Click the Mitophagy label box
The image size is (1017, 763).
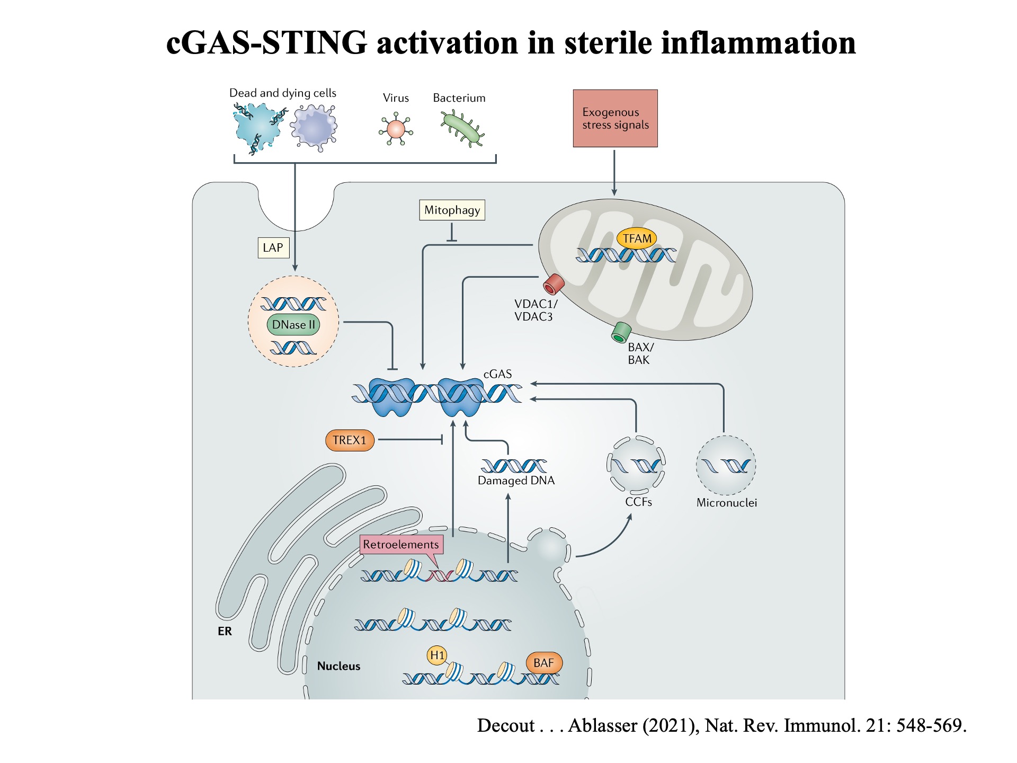[x=452, y=210]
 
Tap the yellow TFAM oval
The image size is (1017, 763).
[x=637, y=238]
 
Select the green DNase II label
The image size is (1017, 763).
[x=293, y=325]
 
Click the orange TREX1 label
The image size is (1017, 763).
[x=350, y=440]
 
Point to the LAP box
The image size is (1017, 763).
[x=273, y=247]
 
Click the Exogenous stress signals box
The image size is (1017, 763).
[x=615, y=119]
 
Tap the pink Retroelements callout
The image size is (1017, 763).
[x=400, y=545]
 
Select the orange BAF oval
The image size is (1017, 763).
[x=543, y=663]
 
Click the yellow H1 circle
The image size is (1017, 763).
[x=437, y=655]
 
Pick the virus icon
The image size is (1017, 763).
[x=396, y=129]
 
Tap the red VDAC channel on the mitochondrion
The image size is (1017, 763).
[x=554, y=284]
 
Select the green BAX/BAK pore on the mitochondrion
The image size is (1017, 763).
[x=621, y=332]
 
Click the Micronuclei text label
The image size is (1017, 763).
[x=726, y=503]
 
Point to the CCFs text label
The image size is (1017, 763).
[x=638, y=502]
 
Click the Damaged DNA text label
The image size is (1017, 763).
[x=516, y=481]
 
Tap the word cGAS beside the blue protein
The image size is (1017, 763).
[x=497, y=374]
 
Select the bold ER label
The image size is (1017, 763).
[x=225, y=631]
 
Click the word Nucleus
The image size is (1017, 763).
[x=338, y=666]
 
